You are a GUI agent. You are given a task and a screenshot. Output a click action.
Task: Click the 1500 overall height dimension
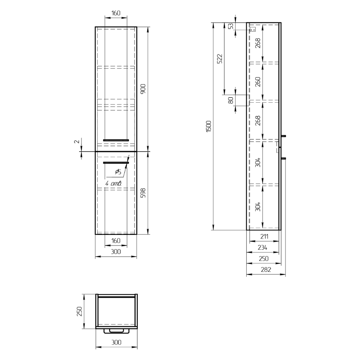click(208, 126)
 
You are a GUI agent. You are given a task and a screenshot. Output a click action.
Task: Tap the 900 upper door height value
click(143, 89)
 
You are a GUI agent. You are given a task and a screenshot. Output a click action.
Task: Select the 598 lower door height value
click(143, 193)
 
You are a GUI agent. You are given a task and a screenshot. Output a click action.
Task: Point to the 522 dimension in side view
click(220, 59)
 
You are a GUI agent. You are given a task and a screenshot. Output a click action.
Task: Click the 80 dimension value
click(231, 100)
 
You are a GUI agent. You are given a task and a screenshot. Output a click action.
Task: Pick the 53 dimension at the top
click(231, 26)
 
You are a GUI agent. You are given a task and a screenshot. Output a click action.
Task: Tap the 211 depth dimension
click(264, 236)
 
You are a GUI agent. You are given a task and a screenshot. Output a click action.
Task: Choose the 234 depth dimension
click(262, 247)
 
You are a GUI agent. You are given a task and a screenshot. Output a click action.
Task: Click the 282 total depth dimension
click(266, 269)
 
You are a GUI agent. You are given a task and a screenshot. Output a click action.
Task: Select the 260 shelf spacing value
click(258, 81)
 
